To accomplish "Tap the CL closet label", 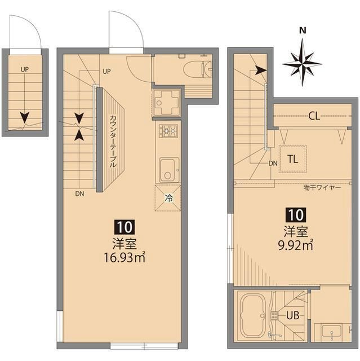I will [x=314, y=117].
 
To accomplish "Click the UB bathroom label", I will [x=293, y=316].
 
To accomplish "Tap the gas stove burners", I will [x=168, y=131].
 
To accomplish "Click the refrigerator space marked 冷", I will [x=168, y=198].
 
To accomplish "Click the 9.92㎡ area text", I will [x=295, y=244].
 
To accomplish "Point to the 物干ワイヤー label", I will [x=322, y=187].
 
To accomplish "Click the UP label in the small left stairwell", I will [x=25, y=69].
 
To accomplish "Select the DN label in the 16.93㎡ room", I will [x=80, y=193].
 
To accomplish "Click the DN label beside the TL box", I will [x=273, y=164].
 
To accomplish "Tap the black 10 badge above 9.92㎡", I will [x=295, y=214].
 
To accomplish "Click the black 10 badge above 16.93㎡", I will [x=124, y=227].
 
